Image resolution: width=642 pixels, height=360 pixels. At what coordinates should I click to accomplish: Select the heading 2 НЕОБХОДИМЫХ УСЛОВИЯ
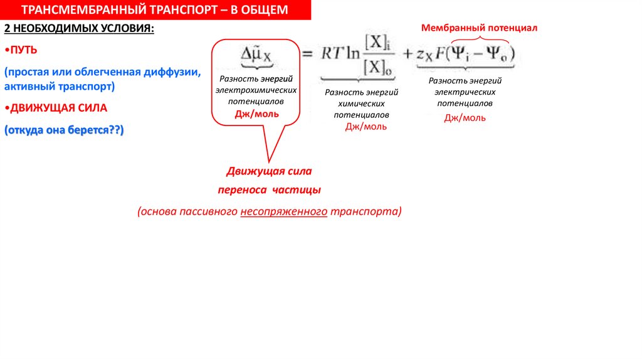coord(78,29)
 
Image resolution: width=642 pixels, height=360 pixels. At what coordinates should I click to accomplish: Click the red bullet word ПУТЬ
coord(24,50)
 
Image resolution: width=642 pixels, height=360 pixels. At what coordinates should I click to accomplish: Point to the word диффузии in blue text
coord(173,71)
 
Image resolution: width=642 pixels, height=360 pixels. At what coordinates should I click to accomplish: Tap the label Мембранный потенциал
coord(479,28)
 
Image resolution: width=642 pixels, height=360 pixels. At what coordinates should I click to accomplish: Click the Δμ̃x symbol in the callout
coord(256,55)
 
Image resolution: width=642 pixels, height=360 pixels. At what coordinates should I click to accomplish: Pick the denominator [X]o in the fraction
coord(378,68)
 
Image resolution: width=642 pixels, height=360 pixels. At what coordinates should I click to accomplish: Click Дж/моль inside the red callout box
coord(257,114)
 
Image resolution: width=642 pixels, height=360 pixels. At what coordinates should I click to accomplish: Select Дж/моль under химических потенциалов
coord(366,127)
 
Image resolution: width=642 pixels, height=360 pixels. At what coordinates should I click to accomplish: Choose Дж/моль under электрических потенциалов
coord(465,118)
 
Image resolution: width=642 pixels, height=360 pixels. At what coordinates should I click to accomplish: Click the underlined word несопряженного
coord(283,211)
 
